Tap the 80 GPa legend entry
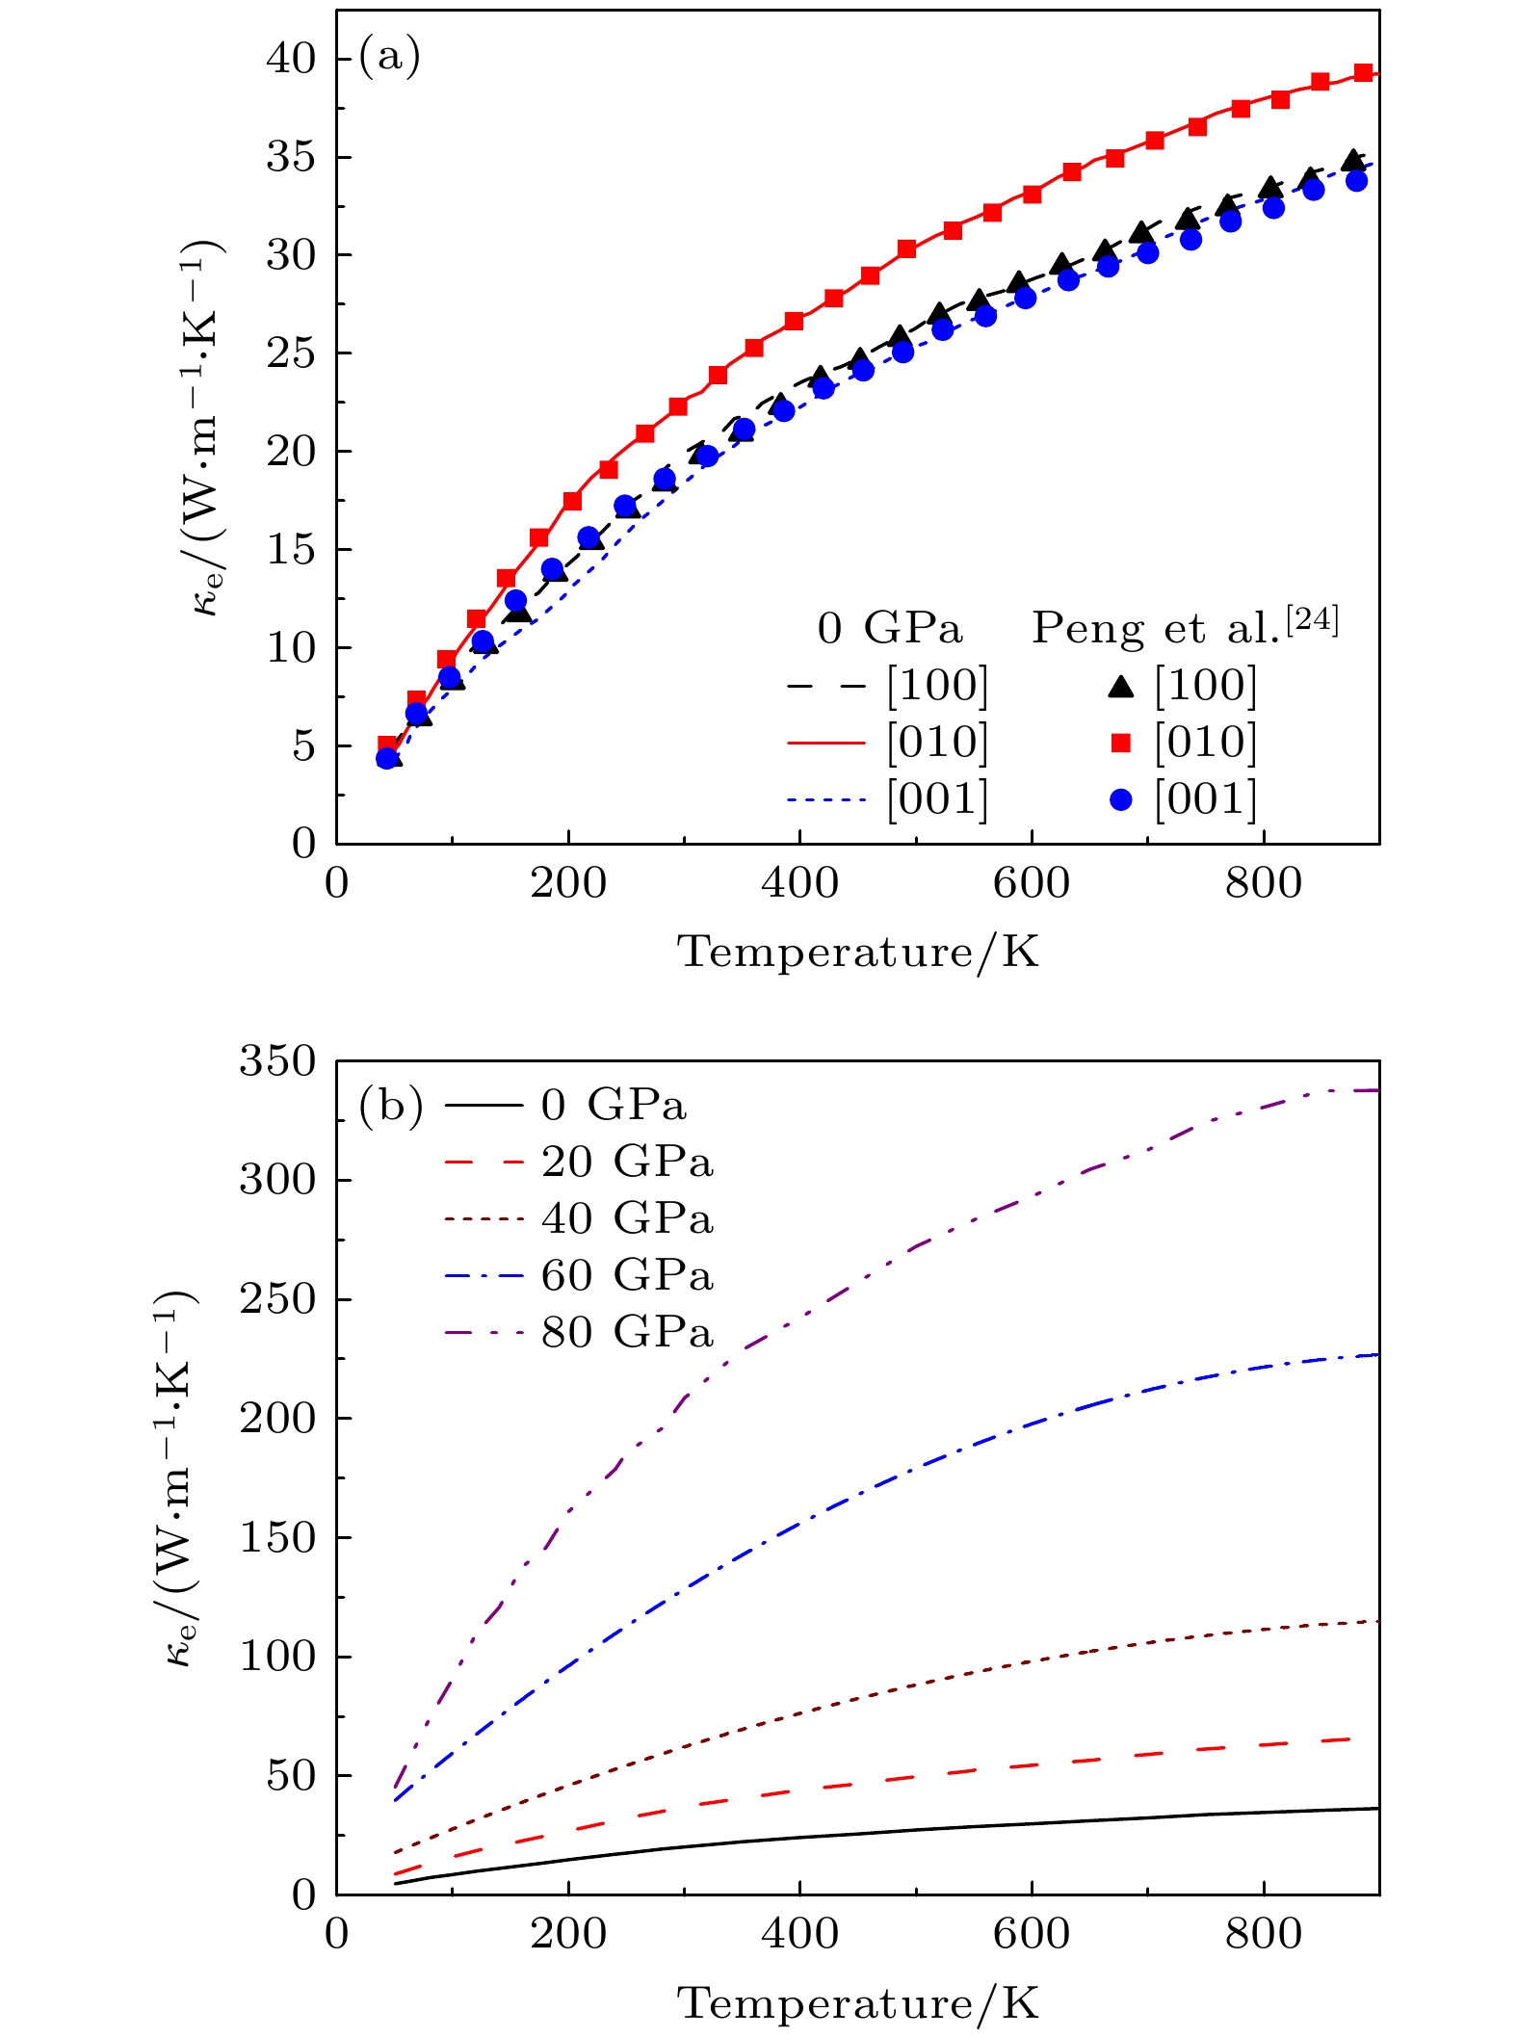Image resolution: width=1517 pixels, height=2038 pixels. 627,1333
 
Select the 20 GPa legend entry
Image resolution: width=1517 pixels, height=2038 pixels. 627,1163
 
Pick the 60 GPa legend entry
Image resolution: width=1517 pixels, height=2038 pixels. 627,1276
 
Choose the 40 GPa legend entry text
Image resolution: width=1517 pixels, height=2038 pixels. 627,1219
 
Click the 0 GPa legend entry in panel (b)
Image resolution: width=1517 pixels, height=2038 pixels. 614,1106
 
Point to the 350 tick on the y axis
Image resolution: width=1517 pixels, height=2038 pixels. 277,1061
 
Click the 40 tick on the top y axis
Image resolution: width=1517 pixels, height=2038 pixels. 291,60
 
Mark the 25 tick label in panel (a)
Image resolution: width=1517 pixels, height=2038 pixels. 291,354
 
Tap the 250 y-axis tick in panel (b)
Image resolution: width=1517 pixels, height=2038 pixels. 277,1299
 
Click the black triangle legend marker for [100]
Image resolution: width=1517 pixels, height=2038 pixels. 1120,686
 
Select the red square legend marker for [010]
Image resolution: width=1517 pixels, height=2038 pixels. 1120,743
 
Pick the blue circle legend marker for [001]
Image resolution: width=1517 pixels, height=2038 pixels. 1120,799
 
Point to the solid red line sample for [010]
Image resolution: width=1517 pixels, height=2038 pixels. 826,743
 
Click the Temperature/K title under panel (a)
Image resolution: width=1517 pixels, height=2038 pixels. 858,953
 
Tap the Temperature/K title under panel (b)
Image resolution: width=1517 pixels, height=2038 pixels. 858,2004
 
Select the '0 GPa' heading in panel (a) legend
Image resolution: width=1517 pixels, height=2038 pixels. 889,629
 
